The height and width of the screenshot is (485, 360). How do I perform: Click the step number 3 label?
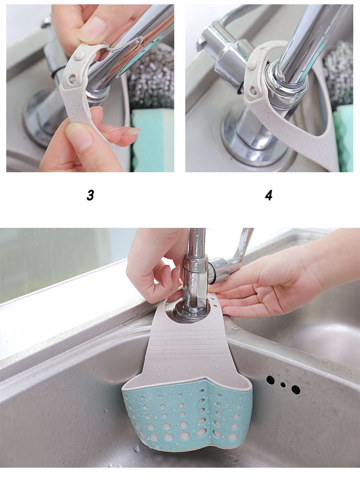pos(90,195)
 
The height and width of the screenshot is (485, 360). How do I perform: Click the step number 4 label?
pos(269,195)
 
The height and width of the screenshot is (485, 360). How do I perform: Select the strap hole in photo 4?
pos(253,91)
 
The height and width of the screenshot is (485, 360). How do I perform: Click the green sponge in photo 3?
pos(152,140)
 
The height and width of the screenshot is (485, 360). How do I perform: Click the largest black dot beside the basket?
pos(296,390)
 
